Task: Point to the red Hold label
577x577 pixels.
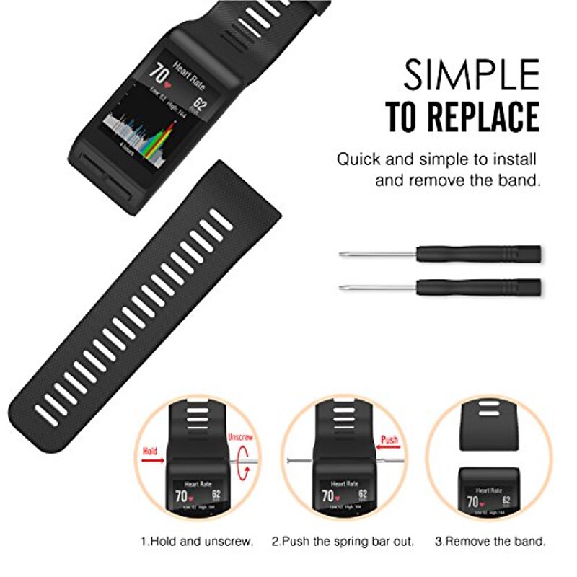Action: click(150, 451)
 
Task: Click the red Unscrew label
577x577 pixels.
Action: click(239, 437)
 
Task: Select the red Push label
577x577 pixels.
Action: click(389, 439)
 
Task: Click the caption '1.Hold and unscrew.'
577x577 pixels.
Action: click(196, 540)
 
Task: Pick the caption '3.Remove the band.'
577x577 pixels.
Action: click(490, 540)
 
